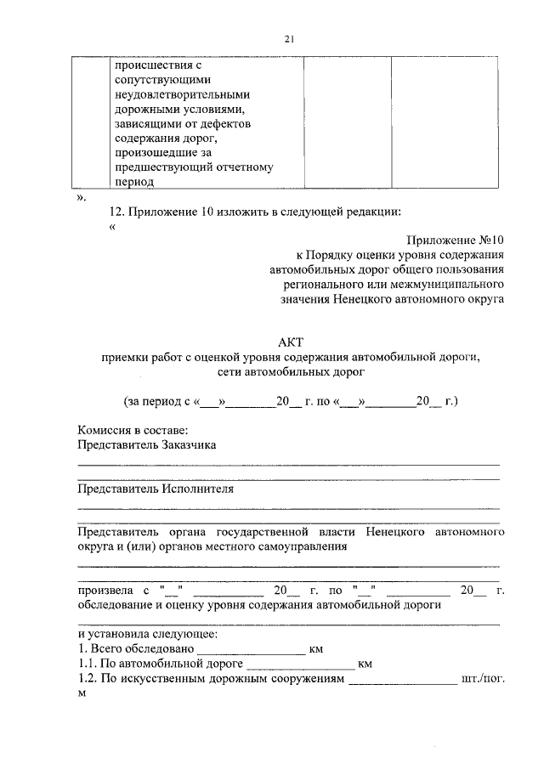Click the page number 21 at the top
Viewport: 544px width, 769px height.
click(x=288, y=38)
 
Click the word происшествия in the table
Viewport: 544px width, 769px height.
click(x=150, y=64)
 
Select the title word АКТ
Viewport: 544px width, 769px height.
click(x=289, y=342)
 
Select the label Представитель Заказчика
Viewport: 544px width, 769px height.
click(x=147, y=444)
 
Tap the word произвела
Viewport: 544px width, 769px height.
click(x=105, y=591)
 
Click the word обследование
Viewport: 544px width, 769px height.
click(x=115, y=605)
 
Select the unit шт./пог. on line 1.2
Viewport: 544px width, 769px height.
click(x=484, y=679)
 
